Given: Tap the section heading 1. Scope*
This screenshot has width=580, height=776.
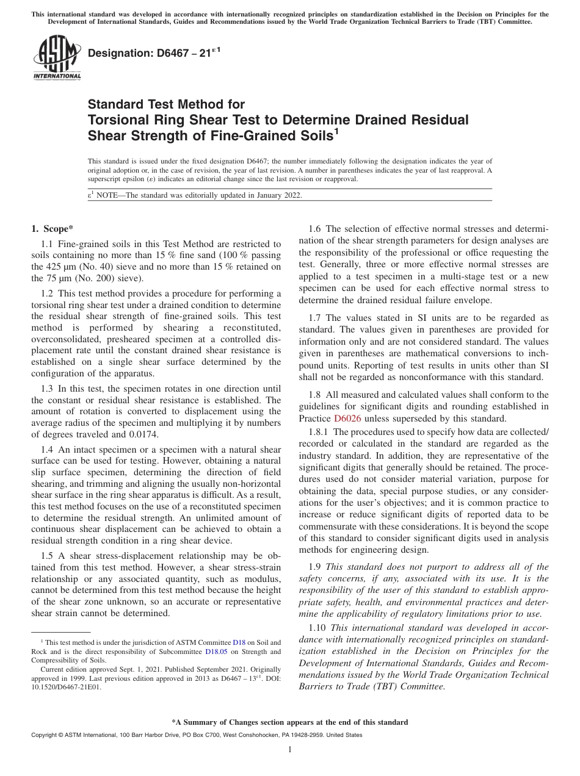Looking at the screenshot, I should pos(52,229).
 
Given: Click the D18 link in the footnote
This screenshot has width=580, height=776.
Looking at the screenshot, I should pos(239,642).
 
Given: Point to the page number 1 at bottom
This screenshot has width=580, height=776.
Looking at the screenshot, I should pos(290,750).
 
